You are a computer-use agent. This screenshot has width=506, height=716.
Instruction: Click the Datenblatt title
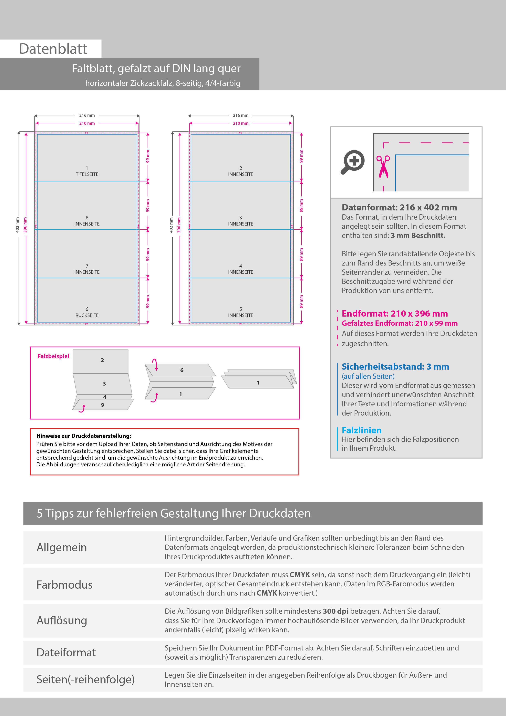pyautogui.click(x=53, y=49)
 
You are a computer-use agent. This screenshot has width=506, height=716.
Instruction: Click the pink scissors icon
pyautogui.click(x=383, y=167)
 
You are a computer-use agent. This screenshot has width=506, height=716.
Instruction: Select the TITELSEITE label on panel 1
pyautogui.click(x=87, y=174)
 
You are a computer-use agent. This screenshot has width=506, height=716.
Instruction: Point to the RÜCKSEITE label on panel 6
pyautogui.click(x=87, y=315)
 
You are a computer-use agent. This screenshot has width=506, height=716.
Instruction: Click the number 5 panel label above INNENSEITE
pyautogui.click(x=240, y=309)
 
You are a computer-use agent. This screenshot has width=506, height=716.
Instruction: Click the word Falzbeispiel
pyautogui.click(x=53, y=356)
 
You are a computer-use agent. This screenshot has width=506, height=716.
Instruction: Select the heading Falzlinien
pyautogui.click(x=361, y=430)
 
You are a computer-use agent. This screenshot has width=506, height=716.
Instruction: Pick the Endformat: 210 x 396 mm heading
pyautogui.click(x=395, y=314)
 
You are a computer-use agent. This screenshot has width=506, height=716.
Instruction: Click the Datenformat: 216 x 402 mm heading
pyautogui.click(x=399, y=207)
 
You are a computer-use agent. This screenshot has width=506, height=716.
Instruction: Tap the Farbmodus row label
pyautogui.click(x=64, y=585)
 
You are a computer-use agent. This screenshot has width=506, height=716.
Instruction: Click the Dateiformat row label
pyautogui.click(x=66, y=652)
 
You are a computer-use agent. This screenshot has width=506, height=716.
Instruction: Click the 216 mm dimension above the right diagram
pyautogui.click(x=240, y=115)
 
